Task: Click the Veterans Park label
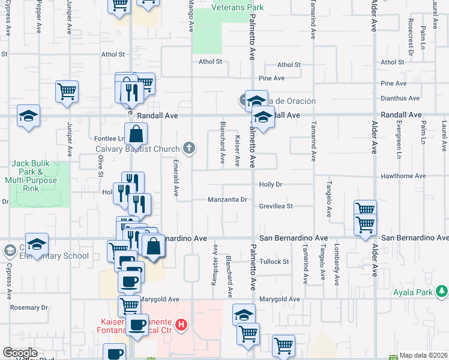tap(238, 8)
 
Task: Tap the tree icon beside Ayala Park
tap(442, 292)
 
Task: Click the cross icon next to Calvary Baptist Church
tap(189, 149)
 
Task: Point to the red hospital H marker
tap(181, 326)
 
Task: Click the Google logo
tap(20, 353)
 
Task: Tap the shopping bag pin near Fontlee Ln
tap(136, 134)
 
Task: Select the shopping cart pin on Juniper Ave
tap(67, 92)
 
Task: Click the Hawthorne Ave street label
tap(403, 176)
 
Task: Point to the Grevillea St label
tap(276, 206)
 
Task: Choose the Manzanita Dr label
tap(228, 200)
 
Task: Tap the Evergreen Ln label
tap(399, 137)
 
